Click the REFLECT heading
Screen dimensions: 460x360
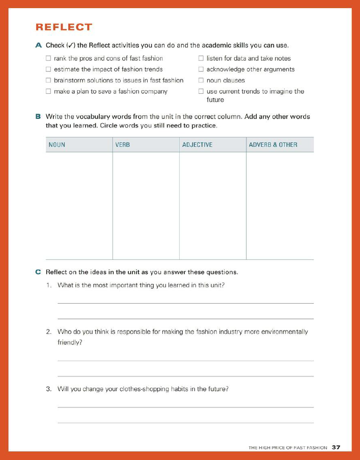pos(64,27)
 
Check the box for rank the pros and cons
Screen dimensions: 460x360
pos(49,59)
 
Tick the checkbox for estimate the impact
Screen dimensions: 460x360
pos(49,69)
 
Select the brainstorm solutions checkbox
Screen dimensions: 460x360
pos(49,80)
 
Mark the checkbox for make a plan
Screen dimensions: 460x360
pos(49,92)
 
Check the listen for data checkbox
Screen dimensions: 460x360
pos(201,59)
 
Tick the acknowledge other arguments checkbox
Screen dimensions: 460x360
pos(201,69)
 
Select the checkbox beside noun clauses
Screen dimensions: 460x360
pos(201,80)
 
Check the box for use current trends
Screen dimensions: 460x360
pos(201,92)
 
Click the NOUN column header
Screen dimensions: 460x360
pos(57,145)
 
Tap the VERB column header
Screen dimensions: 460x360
pos(123,145)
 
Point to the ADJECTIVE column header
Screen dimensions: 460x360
pos(197,145)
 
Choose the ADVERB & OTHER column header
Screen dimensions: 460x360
pos(273,145)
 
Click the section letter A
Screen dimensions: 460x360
pos(39,45)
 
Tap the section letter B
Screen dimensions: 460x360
pos(38,117)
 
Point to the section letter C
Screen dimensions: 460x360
pos(38,272)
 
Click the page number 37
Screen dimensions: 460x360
pos(336,447)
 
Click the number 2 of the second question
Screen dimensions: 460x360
pos(48,332)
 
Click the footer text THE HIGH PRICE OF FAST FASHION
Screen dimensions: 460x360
pos(288,448)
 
